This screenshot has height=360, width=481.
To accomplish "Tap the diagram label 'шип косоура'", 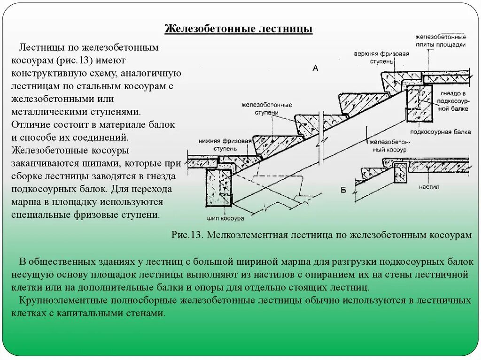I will click(x=225, y=219).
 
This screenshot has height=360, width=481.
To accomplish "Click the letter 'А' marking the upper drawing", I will click(x=315, y=69).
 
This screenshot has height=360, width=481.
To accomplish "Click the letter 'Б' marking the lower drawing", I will click(x=343, y=189).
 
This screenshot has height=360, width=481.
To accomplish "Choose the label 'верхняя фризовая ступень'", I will click(x=382, y=57).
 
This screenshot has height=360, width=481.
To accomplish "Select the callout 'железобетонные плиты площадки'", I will click(x=441, y=40).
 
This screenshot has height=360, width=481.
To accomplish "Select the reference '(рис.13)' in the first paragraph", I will click(x=76, y=61).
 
